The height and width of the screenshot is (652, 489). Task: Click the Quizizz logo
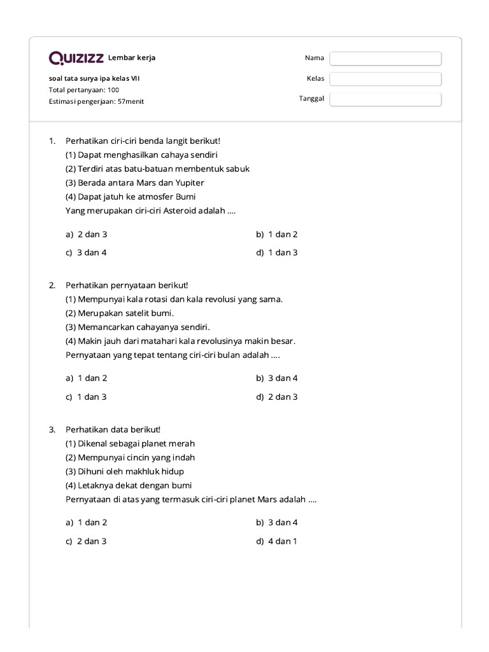coord(76,59)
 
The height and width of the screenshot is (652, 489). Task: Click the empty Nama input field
coord(385,59)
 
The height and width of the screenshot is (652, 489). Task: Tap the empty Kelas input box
coord(385,79)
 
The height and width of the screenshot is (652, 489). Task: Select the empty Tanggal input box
coord(385,99)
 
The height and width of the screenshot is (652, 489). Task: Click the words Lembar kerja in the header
coord(132,58)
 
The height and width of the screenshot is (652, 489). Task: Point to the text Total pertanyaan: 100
coord(84,90)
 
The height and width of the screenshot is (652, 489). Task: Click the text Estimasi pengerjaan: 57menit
coord(96,101)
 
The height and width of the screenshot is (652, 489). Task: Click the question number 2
coord(52,285)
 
